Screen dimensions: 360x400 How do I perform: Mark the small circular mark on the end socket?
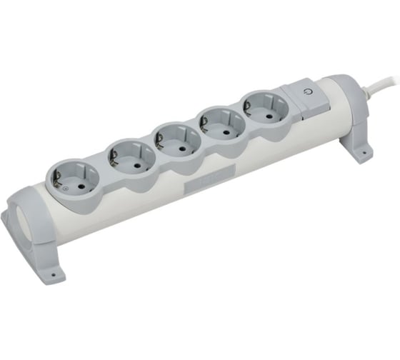(62, 188)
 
